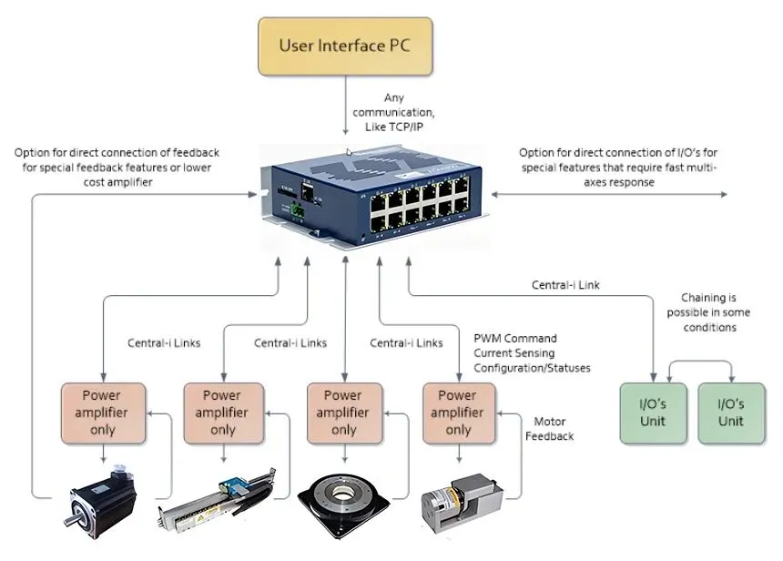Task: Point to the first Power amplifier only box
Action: click(x=102, y=413)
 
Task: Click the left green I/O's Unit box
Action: click(x=653, y=413)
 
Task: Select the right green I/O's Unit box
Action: click(x=731, y=413)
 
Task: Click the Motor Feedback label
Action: click(x=554, y=428)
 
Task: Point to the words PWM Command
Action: click(x=515, y=338)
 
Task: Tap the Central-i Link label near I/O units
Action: click(x=565, y=285)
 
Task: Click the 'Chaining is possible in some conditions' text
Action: click(x=708, y=312)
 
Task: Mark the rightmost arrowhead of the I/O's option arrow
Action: click(x=725, y=194)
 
